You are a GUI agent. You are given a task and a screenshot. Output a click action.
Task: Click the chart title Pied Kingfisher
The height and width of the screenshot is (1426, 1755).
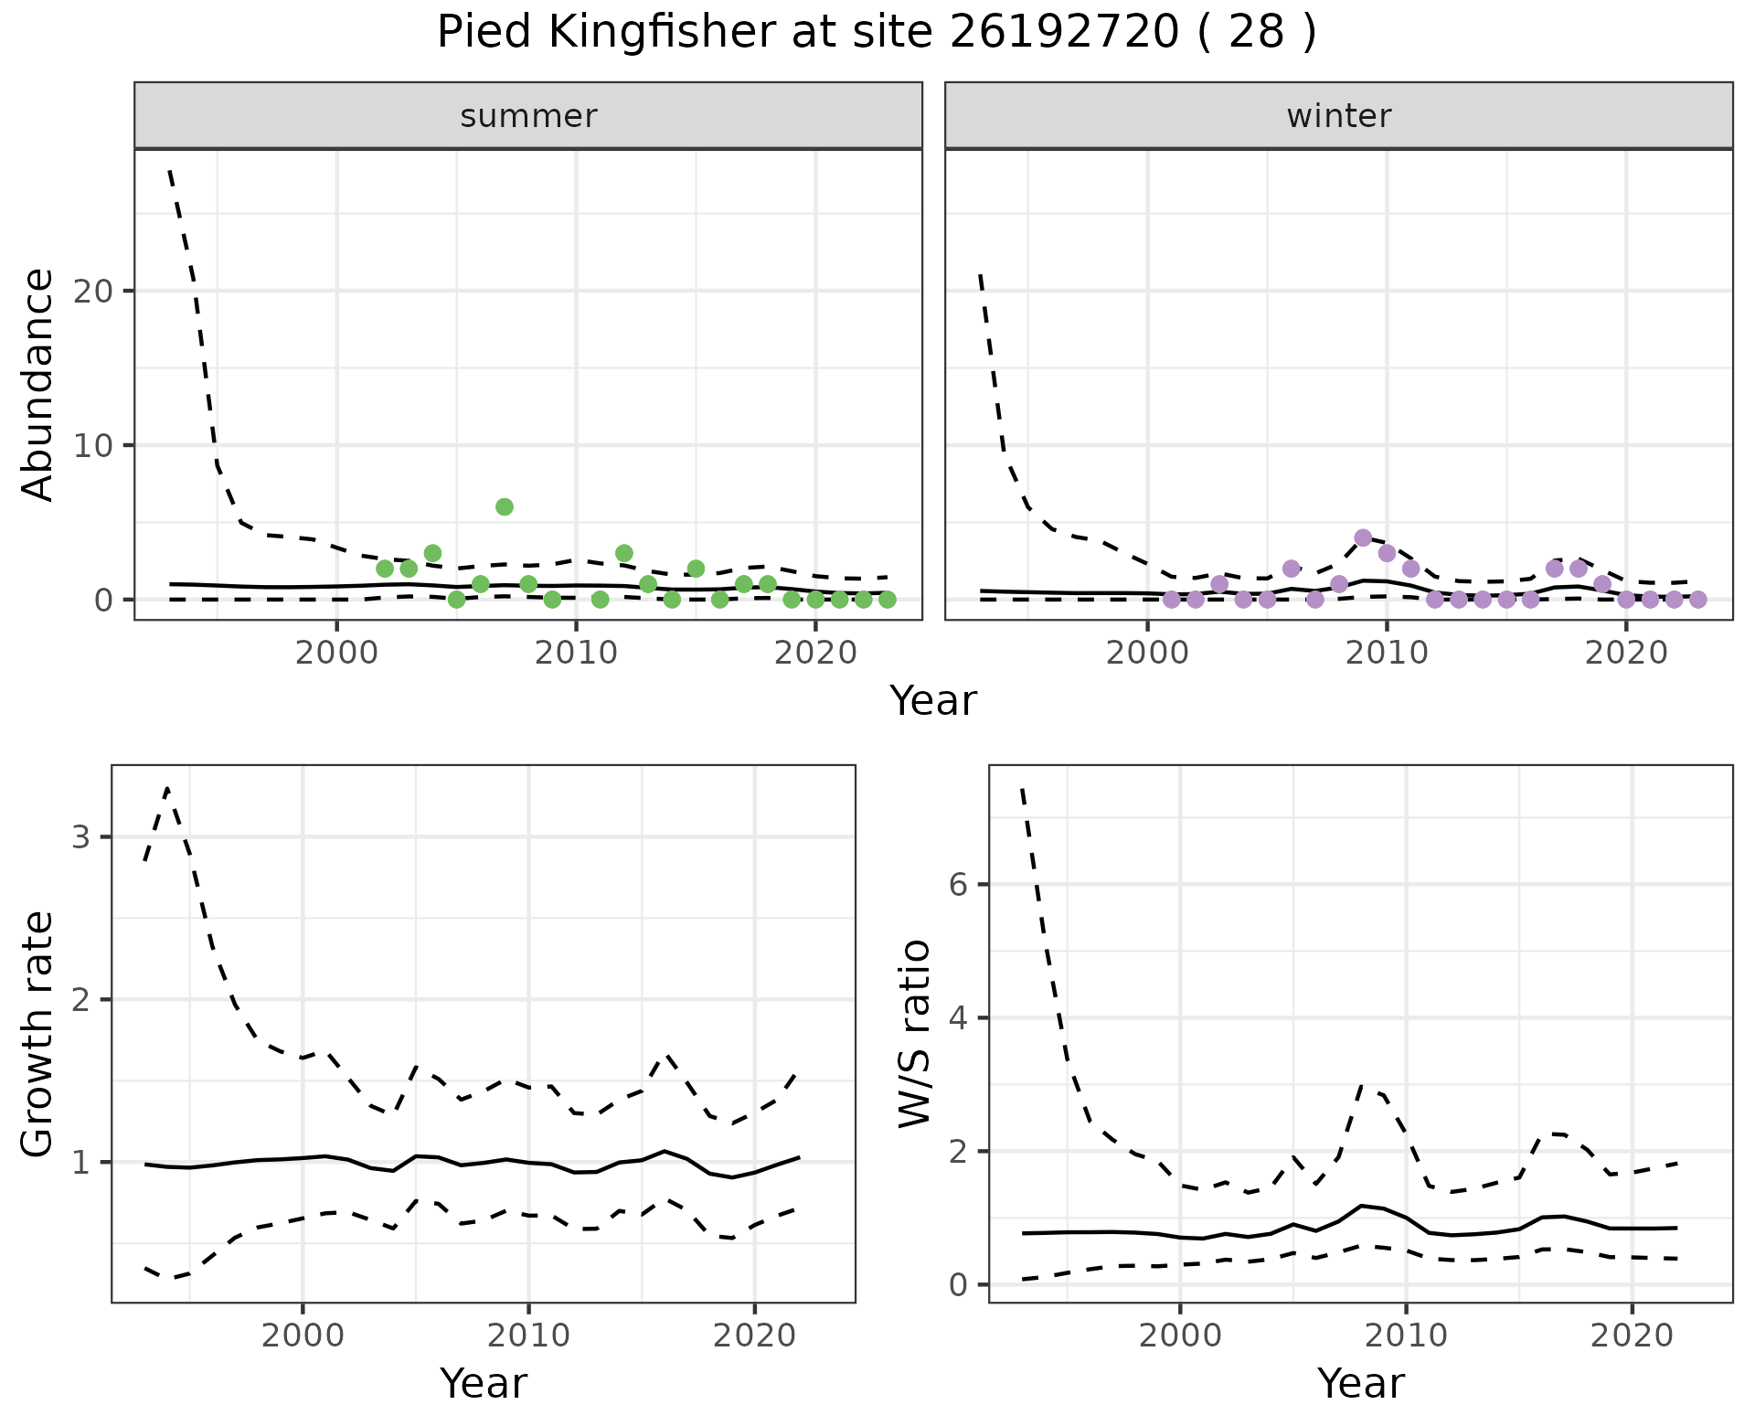coord(876,33)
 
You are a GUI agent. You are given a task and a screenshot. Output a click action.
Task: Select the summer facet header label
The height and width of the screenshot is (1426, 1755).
coord(528,116)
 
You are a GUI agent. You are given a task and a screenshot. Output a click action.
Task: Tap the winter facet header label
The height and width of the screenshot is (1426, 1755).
coord(1338,116)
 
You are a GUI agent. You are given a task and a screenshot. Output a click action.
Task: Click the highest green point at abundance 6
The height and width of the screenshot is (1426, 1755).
coord(505,507)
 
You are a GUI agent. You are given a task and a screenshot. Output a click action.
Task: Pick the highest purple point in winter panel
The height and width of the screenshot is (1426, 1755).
coord(1363,537)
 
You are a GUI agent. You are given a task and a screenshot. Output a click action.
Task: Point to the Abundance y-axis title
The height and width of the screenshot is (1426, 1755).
coord(38,385)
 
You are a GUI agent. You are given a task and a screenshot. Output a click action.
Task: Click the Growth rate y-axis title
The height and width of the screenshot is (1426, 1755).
coord(38,1035)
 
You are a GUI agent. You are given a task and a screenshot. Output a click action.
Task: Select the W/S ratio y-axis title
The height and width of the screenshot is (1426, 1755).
coord(915,1035)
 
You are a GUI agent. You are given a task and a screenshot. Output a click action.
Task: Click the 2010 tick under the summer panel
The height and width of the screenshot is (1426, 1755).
coord(576,654)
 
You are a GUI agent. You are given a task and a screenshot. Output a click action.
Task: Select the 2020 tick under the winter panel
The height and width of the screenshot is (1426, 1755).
coord(1626,654)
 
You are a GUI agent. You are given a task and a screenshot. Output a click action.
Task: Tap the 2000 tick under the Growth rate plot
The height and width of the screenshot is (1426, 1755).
coord(303,1336)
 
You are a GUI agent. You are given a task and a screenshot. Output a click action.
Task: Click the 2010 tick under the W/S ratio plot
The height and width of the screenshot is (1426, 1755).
coord(1406,1336)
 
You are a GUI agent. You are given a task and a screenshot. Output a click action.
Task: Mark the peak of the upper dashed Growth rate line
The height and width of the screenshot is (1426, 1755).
coord(167,788)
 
